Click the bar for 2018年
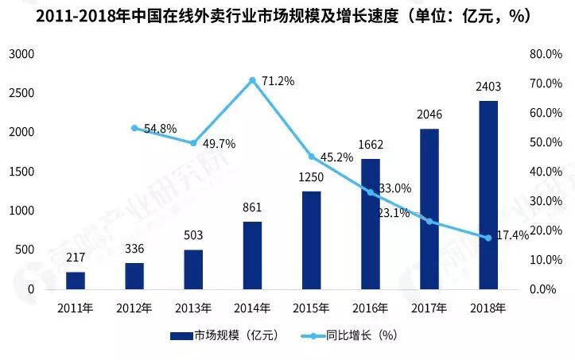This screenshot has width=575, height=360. [488, 195]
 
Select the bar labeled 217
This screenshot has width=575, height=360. [76, 281]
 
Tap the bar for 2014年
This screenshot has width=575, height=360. [252, 255]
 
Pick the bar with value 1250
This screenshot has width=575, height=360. [311, 240]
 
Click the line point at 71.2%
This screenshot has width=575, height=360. [252, 80]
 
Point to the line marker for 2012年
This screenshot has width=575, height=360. [134, 128]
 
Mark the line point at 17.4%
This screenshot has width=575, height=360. [488, 238]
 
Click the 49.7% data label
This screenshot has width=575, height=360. [218, 144]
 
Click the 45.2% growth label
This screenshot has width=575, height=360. [336, 157]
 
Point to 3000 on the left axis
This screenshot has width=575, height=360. [21, 54]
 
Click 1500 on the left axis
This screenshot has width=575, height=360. [21, 172]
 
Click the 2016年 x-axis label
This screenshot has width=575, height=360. [371, 308]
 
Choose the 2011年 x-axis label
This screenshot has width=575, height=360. [76, 308]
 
